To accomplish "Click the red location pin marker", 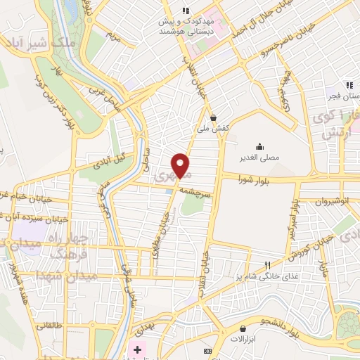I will tap(181, 165).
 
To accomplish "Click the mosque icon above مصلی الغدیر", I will tap(260, 146).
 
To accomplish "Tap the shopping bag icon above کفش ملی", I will tap(213, 118).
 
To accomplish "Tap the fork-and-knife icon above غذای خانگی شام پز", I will tap(266, 265).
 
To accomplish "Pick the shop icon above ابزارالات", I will tap(243, 328).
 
